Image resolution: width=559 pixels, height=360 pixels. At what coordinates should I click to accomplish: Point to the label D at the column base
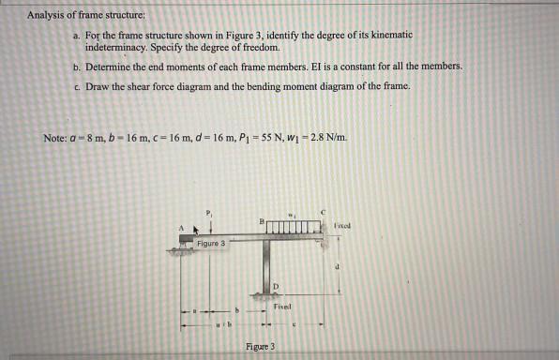pyautogui.click(x=277, y=284)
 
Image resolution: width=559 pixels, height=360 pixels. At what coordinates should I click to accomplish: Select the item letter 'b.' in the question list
pyautogui.click(x=77, y=67)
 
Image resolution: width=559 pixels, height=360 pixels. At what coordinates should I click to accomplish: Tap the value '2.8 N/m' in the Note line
pyautogui.click(x=335, y=139)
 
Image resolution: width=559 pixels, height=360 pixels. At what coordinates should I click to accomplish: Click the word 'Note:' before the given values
pyautogui.click(x=55, y=139)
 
